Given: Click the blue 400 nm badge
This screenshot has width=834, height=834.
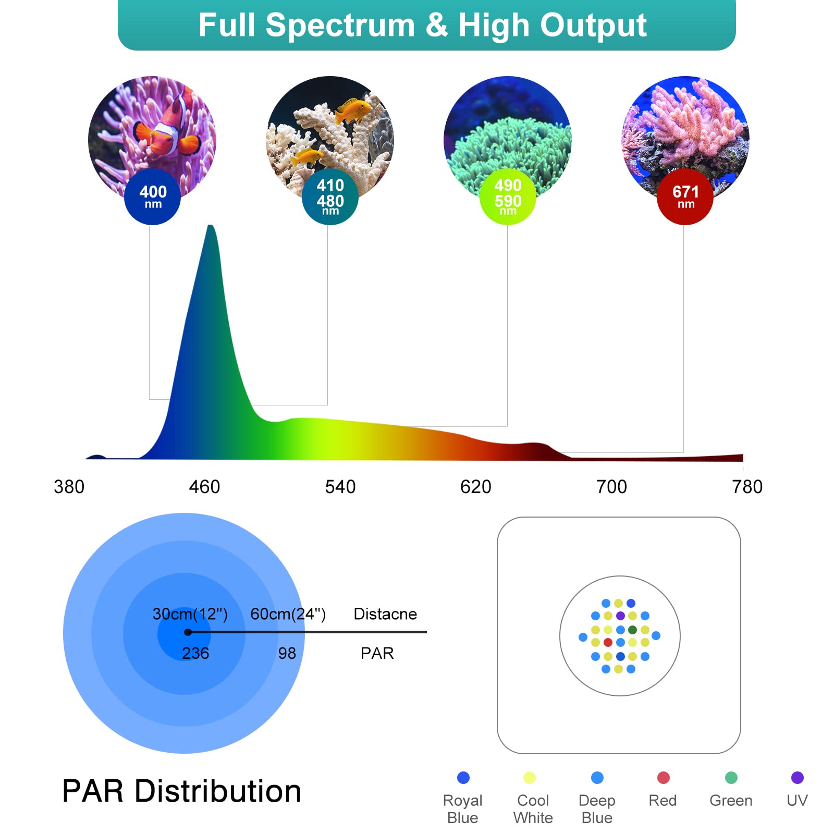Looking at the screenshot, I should [x=152, y=197].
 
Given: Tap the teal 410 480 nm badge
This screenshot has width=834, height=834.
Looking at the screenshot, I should [x=330, y=197].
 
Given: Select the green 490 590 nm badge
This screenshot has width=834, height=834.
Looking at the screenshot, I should [x=508, y=197].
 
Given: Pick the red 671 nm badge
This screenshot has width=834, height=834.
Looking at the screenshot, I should [x=685, y=197].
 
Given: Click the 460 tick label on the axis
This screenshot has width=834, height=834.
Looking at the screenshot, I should [x=204, y=487].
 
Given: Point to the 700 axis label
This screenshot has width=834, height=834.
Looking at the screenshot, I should [x=611, y=487].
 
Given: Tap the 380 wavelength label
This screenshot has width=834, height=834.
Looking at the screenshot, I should [x=69, y=487].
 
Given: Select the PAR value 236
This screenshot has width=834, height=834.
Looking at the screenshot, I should [x=195, y=653].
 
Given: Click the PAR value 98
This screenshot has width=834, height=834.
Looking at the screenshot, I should [x=287, y=653].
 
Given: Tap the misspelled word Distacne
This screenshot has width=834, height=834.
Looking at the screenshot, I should [x=385, y=614].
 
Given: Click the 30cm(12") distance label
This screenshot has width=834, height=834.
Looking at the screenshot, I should [x=190, y=614].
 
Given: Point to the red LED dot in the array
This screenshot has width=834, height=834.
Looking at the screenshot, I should [x=608, y=642].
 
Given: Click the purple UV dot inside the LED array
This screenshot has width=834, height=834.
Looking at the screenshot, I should [x=620, y=616].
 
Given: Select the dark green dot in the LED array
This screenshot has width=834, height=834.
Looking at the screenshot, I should [x=632, y=630].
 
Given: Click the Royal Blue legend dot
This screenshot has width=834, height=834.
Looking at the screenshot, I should [x=463, y=778].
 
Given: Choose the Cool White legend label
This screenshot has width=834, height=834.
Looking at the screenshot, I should [x=533, y=809].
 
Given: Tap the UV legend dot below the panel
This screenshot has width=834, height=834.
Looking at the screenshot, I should [x=797, y=778].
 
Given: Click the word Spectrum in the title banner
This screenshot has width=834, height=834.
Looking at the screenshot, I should [x=340, y=25].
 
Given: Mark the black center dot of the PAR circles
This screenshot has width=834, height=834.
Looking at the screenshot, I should [x=188, y=632].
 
